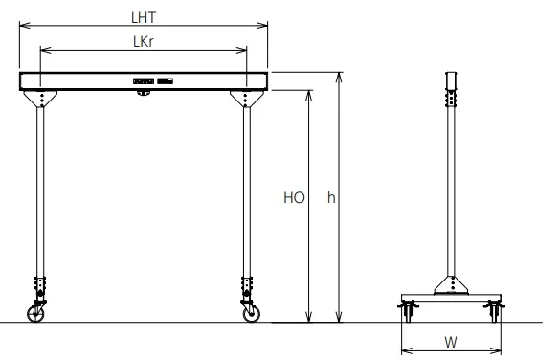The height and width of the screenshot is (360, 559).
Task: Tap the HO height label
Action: pyautogui.click(x=293, y=199)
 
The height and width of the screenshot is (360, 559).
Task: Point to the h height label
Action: pyautogui.click(x=330, y=199)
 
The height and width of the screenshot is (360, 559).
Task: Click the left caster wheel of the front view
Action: pyautogui.click(x=37, y=312)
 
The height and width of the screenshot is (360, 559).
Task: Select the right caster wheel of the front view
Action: pyautogui.click(x=251, y=312)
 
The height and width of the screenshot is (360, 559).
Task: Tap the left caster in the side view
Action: pyautogui.click(x=406, y=310)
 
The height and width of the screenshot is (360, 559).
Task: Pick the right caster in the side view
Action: pyautogui.click(x=495, y=310)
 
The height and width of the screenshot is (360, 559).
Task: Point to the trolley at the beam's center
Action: pyautogui.click(x=143, y=92)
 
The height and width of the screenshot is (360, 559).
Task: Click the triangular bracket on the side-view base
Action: pyautogui.click(x=451, y=284)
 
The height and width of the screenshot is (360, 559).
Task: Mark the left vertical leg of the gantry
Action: pyautogui.click(x=39, y=191)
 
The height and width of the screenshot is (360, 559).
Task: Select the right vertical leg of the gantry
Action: pyautogui.click(x=247, y=191)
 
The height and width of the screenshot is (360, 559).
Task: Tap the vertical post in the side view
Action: pyautogui.click(x=451, y=191)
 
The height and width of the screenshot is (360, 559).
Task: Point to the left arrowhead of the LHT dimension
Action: pyautogui.click(x=22, y=26)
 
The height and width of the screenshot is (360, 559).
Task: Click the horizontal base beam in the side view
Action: pyautogui.click(x=451, y=297)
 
